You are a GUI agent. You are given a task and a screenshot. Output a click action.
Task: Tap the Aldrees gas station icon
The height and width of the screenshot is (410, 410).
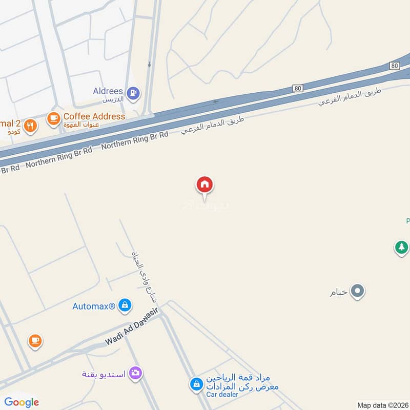(x=134, y=93)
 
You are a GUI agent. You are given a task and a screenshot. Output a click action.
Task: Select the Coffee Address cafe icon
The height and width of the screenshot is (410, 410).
(x=53, y=118)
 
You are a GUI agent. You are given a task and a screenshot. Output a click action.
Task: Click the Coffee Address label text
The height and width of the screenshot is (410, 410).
(x=94, y=116)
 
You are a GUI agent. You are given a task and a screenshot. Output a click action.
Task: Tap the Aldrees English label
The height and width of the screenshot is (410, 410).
(x=108, y=91)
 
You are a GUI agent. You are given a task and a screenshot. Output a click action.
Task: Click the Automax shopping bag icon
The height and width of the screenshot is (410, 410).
(x=124, y=306)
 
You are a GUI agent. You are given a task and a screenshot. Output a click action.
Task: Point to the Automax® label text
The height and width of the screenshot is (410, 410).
(x=93, y=306)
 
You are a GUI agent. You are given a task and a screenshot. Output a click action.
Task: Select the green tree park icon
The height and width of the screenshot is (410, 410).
(x=401, y=248)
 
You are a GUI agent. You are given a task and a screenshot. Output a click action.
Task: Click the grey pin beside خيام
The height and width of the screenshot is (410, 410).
(x=358, y=292)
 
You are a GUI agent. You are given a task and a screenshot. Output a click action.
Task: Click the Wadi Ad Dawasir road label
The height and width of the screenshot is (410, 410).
(x=132, y=327)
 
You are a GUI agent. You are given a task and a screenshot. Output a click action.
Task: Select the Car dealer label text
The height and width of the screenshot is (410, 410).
(x=222, y=394)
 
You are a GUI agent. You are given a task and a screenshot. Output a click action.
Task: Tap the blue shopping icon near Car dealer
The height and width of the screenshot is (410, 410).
(x=196, y=383)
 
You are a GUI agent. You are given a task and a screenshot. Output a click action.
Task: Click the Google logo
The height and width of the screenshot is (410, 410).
(x=22, y=402)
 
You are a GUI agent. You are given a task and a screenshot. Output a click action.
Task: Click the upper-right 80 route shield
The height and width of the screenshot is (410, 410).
(x=394, y=66)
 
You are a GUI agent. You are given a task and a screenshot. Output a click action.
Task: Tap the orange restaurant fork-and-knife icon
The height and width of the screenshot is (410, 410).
(x=30, y=126)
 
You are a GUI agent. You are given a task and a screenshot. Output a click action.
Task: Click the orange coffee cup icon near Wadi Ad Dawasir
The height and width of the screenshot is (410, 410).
(x=35, y=340)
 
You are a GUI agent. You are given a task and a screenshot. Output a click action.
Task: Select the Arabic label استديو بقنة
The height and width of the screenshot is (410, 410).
(x=104, y=373)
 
